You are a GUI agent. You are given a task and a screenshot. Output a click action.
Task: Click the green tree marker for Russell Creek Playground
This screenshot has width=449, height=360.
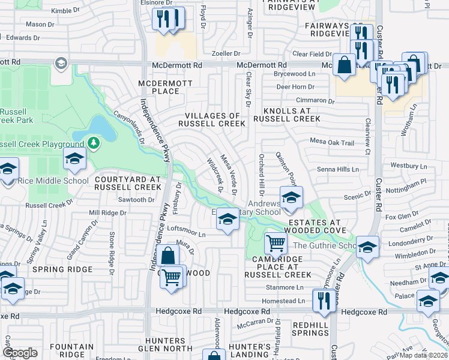coord(93,143)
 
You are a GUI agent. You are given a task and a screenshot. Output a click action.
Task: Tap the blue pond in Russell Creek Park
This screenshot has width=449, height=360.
coord(99,127)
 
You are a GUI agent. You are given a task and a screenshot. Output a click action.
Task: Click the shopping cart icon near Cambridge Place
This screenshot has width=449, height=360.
coord(276,243)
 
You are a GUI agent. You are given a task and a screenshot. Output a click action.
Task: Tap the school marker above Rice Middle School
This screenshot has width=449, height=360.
coord(74,158)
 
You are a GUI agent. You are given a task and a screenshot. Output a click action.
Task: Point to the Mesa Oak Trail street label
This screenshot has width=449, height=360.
coord(332,143)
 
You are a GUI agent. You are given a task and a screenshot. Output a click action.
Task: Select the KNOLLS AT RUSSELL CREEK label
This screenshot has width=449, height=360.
coord(286,115)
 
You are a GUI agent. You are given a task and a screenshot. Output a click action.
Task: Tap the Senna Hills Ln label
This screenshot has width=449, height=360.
coord(337,170)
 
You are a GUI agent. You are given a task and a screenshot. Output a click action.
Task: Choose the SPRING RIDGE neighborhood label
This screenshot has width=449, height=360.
coord(64,270)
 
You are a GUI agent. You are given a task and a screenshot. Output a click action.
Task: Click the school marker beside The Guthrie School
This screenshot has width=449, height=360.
coord(367,247)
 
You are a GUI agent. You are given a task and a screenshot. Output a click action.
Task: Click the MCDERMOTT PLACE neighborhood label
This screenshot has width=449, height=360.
coord(159,87)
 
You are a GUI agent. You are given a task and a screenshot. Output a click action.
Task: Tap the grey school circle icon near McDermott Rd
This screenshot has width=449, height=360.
coord(61,63)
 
